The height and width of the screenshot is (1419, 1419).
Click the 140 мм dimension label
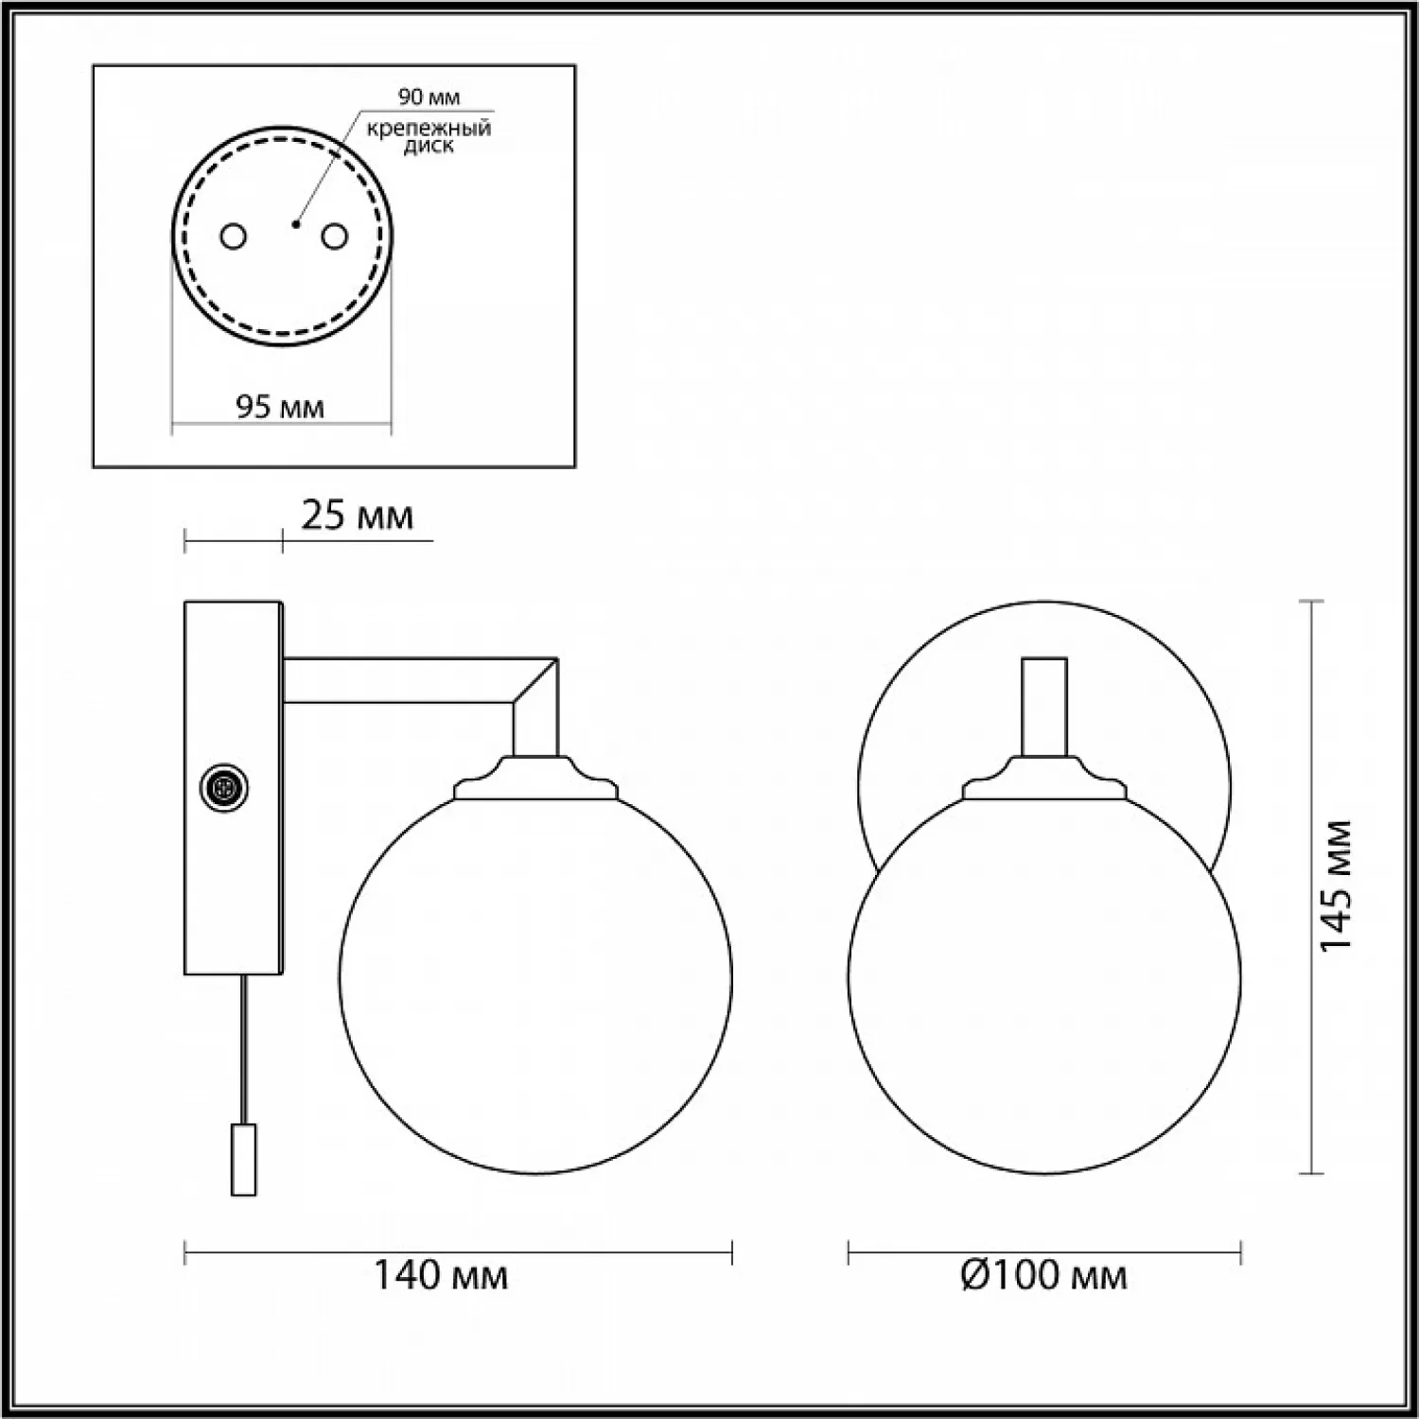tap(441, 1275)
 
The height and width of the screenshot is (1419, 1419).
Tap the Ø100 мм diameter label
tap(1043, 1275)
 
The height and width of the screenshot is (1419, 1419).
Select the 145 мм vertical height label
tap(1336, 886)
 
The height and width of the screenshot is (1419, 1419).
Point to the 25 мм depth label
tap(358, 516)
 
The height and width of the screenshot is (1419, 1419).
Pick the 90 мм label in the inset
tap(429, 96)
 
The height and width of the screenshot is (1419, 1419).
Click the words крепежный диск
tap(429, 137)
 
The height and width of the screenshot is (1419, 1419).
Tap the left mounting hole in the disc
tap(233, 236)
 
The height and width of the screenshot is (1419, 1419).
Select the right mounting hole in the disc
tap(333, 236)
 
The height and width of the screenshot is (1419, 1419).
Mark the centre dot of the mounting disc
tap(296, 224)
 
